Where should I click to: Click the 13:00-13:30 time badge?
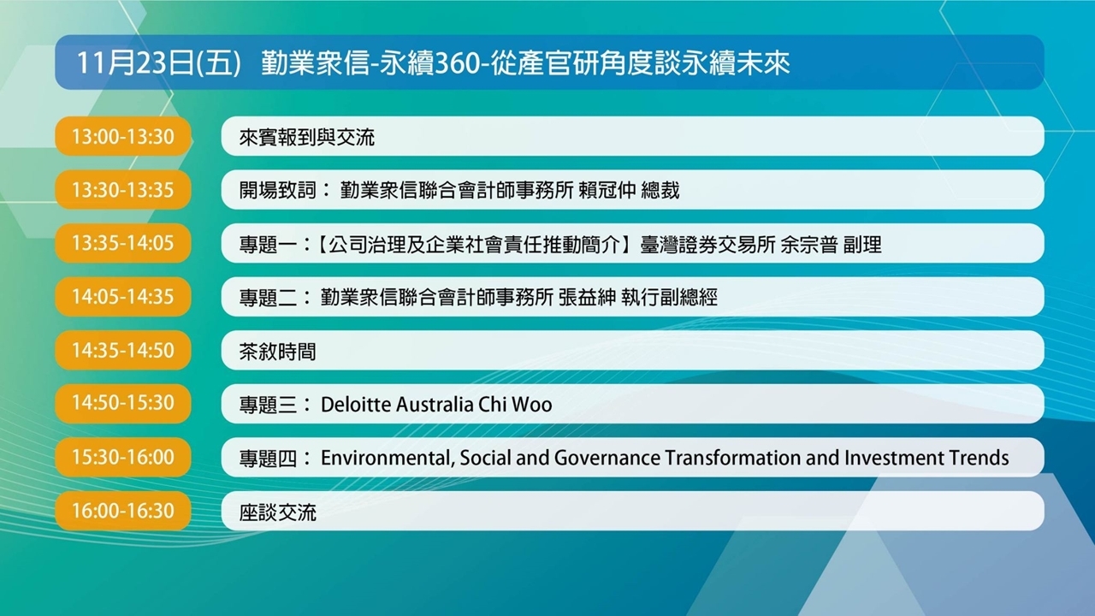[x=122, y=136]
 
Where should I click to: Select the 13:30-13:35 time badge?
[x=122, y=190]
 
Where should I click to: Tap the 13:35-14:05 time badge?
[x=122, y=243]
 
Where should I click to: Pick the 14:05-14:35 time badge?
[x=122, y=296]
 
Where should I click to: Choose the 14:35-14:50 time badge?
[x=122, y=350]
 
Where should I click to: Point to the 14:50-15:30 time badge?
[x=122, y=403]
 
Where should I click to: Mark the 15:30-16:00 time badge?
[x=122, y=457]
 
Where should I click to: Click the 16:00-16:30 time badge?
[x=122, y=511]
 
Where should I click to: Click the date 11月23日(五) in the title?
[x=159, y=63]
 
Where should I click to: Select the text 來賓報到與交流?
[x=306, y=138]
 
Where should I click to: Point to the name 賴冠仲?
[x=607, y=190]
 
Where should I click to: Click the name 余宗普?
[x=809, y=245]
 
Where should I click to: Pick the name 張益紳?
[x=587, y=297]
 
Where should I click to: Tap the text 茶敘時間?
[x=277, y=352]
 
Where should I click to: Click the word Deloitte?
[x=355, y=405]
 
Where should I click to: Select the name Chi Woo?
[x=515, y=405]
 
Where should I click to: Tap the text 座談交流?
[x=277, y=512]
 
